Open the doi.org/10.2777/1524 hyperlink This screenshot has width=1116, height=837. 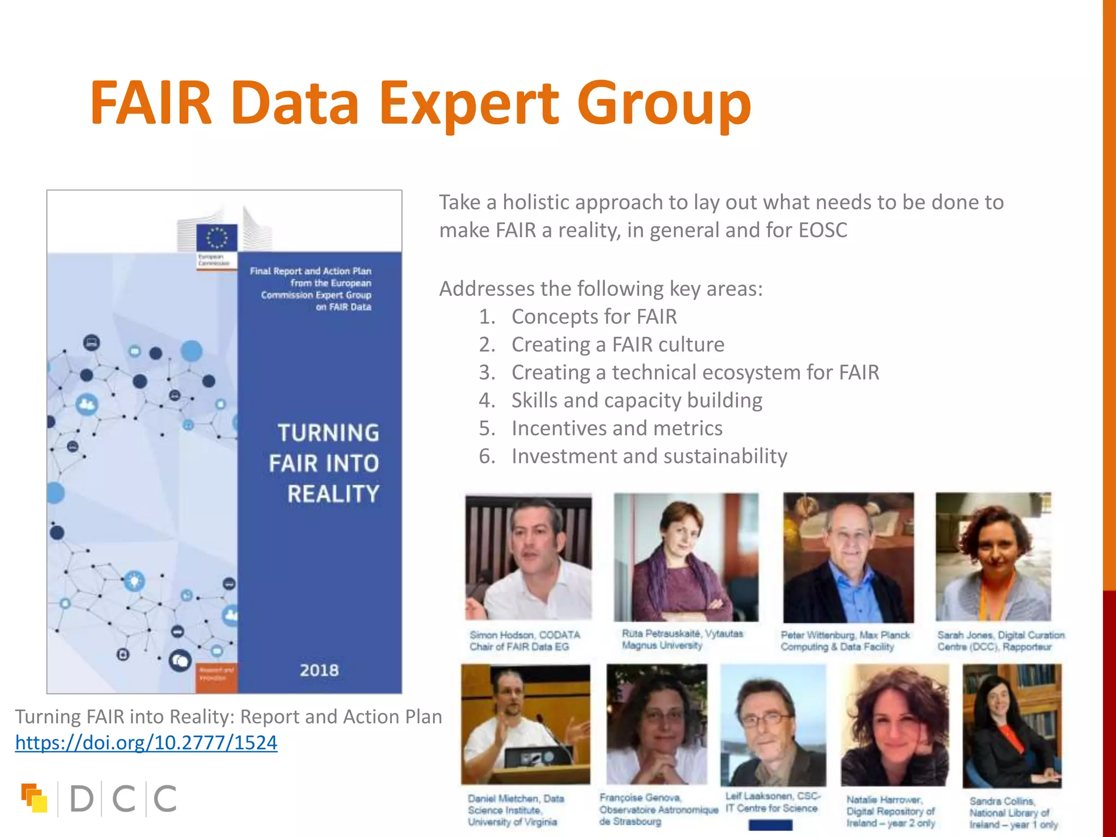point(146,743)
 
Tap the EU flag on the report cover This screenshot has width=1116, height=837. point(216,238)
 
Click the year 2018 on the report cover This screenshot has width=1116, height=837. point(319,670)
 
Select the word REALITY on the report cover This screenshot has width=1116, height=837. point(333,494)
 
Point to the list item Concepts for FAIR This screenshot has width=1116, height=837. point(594,317)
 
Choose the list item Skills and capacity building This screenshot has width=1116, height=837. point(636,401)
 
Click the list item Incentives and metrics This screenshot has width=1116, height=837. point(617,428)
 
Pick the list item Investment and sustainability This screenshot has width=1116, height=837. point(649,456)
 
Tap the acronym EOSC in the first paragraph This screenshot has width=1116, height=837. point(823,230)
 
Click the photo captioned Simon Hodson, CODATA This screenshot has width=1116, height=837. point(528,557)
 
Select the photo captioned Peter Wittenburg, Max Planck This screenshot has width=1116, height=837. point(848,557)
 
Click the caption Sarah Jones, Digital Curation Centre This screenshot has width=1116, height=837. point(1000,641)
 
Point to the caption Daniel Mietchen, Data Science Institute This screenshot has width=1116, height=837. point(515,810)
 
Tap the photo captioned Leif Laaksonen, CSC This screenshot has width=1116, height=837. point(773,725)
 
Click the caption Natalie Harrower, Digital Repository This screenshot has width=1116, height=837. point(890,811)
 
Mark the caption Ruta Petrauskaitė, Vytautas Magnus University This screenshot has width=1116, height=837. point(682,639)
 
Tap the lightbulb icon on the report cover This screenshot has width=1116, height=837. point(134,580)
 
